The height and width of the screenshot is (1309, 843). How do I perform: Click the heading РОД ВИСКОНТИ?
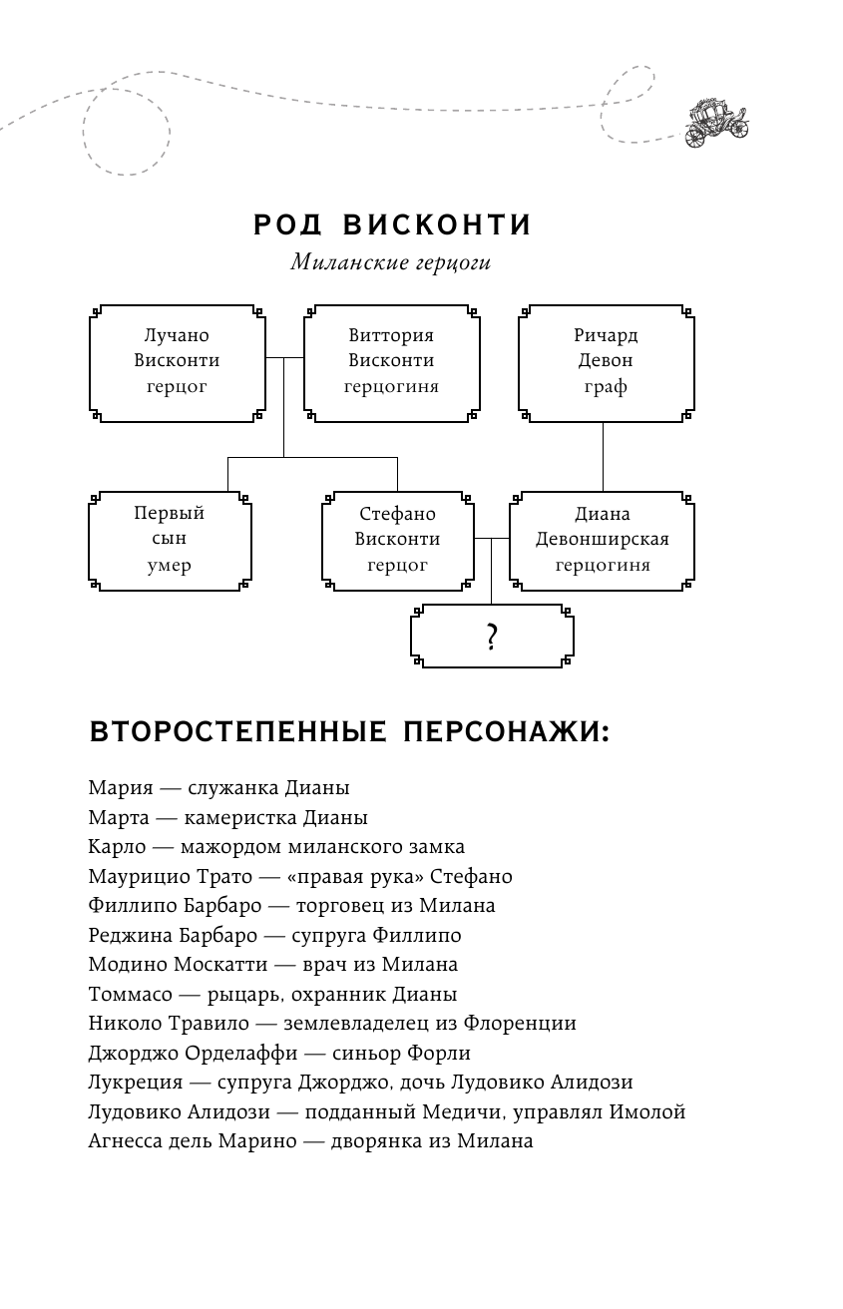point(393,224)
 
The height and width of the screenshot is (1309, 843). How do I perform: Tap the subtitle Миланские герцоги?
point(392,263)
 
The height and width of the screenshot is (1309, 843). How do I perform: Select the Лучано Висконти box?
point(177,361)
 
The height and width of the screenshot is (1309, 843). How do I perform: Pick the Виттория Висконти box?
point(391,361)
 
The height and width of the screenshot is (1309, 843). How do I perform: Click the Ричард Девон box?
point(606,361)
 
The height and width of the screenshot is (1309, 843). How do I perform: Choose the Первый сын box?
point(170,540)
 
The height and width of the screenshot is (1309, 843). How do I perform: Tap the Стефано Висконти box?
point(397,540)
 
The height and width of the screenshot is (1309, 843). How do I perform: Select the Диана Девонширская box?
point(602,540)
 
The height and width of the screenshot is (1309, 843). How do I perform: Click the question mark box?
point(491,637)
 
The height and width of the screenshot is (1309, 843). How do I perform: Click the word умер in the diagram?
point(170,566)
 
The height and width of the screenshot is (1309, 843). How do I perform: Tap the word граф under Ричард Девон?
point(606,386)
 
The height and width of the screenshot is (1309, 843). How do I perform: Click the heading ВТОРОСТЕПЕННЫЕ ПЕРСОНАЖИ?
point(349,732)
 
